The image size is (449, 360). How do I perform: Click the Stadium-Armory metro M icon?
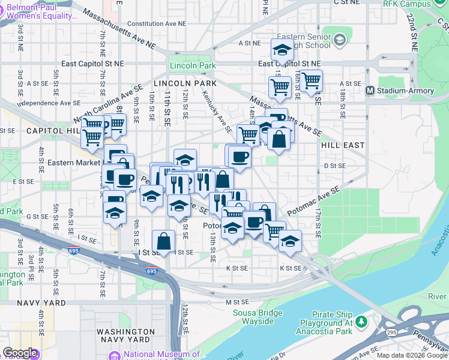tap(371, 91)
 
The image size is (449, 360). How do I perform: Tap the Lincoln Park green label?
tap(192, 65)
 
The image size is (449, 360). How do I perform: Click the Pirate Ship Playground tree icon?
tap(361, 322)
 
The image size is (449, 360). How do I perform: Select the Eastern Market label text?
tap(69, 163)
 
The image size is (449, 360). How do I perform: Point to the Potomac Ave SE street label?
tap(313, 200)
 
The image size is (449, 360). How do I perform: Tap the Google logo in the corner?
tap(20, 353)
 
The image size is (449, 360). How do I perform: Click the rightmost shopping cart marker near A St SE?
tap(311, 80)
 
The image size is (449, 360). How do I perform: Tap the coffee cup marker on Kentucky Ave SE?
tap(240, 157)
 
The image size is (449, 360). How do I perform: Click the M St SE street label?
tap(237, 301)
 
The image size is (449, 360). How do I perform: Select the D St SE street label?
tap(335, 166)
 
